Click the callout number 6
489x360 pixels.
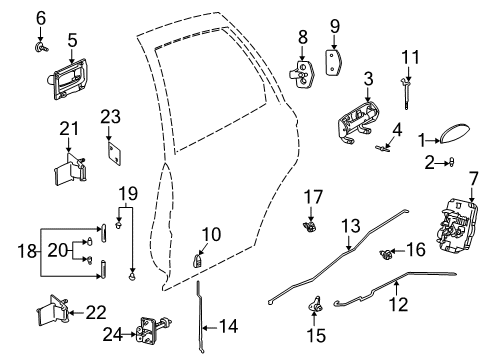[x=41, y=16]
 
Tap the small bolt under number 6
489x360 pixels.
[x=42, y=45]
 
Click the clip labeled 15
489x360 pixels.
[x=317, y=303]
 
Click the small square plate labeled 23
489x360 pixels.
[x=113, y=155]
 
